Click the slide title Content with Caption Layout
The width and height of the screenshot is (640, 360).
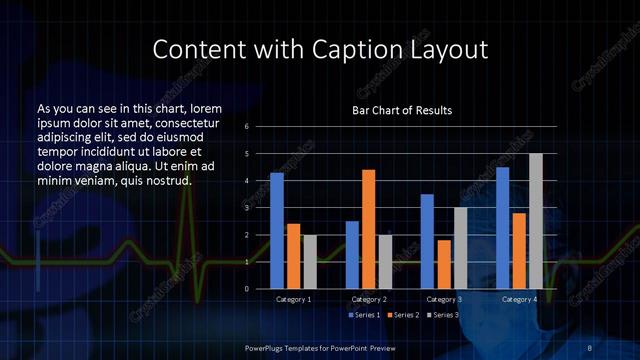click(320, 49)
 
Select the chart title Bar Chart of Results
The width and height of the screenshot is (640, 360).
click(402, 110)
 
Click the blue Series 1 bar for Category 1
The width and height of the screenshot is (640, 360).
click(277, 231)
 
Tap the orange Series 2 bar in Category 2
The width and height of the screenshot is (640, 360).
click(368, 229)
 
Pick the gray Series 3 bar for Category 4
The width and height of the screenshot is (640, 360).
click(536, 221)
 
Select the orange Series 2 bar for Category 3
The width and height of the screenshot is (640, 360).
click(443, 264)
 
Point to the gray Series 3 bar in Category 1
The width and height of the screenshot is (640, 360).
click(309, 262)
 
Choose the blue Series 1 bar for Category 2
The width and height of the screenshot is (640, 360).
click(352, 255)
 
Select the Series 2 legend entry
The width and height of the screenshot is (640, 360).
click(403, 315)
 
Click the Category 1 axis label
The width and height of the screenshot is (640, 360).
click(293, 299)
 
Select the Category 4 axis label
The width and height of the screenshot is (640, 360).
click(518, 299)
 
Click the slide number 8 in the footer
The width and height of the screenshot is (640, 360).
click(590, 347)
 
